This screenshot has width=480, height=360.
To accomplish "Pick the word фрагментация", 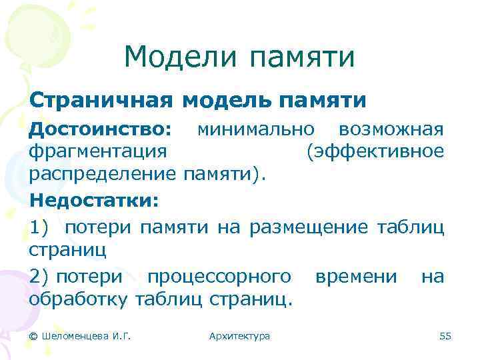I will [97, 151].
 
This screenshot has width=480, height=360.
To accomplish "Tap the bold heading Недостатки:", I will [94, 199].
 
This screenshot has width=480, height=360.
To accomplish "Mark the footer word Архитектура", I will [239, 336].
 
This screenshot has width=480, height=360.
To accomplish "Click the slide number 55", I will [445, 336].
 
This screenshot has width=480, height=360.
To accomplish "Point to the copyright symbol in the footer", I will [33, 336].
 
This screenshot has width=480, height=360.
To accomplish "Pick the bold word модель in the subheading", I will [227, 101].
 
